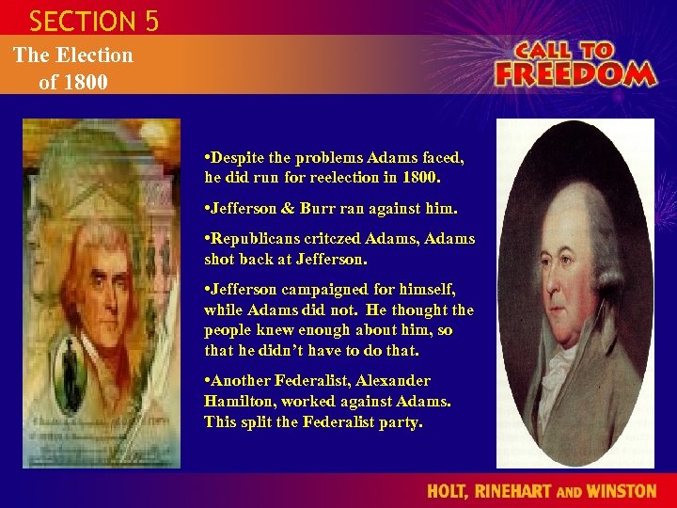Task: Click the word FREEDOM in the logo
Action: (575, 73)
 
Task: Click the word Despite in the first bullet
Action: (236, 157)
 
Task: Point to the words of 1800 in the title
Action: (73, 81)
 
